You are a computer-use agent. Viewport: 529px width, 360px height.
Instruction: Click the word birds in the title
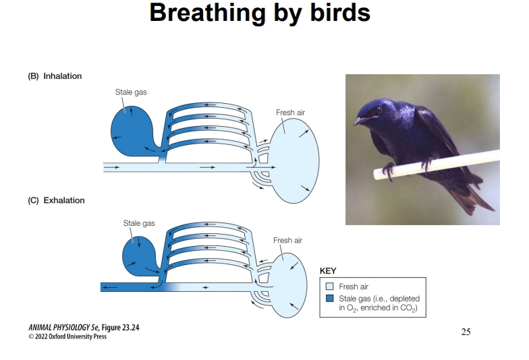tap(335, 12)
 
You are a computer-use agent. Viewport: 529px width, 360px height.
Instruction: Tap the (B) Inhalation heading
tap(55, 76)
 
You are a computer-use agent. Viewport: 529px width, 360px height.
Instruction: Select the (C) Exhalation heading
tap(56, 200)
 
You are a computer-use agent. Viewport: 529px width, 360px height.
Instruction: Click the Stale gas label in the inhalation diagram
tap(130, 92)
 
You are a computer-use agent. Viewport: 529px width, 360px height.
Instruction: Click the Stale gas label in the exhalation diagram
tap(138, 222)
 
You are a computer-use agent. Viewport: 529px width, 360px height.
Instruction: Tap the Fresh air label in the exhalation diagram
tap(287, 240)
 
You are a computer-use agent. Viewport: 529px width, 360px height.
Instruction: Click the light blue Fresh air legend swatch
tap(329, 287)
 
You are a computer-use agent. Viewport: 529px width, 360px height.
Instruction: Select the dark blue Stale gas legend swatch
tap(329, 297)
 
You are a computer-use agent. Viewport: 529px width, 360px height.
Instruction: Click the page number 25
tap(466, 331)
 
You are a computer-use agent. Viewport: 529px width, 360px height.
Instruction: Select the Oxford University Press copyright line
tap(67, 337)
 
